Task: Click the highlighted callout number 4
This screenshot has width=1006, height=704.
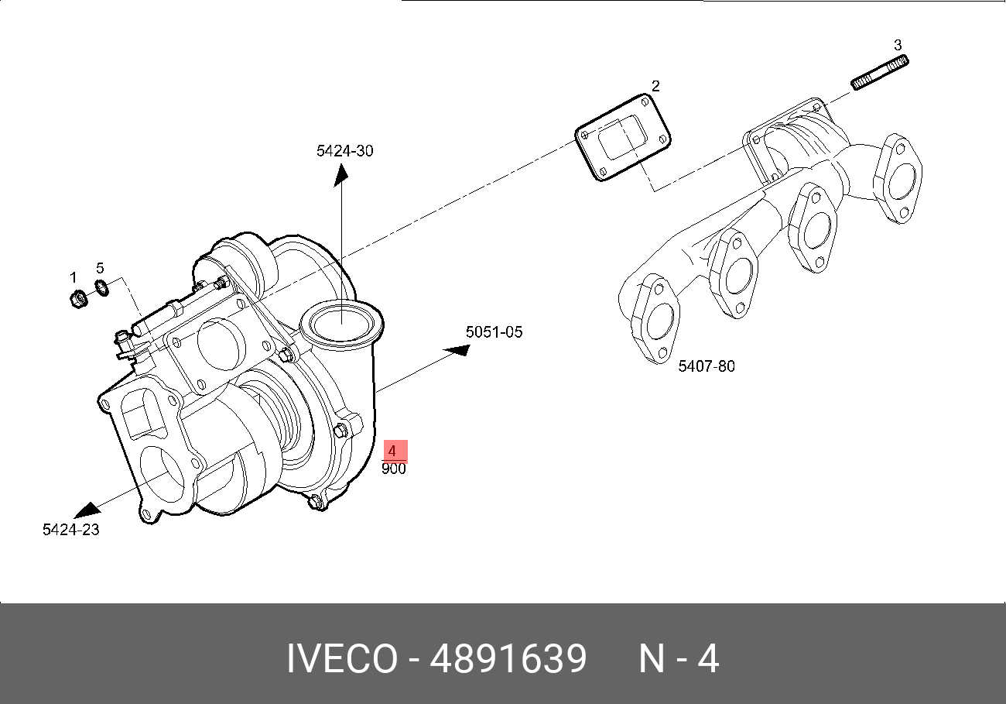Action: [393, 451]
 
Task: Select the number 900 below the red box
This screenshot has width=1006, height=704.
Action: [393, 469]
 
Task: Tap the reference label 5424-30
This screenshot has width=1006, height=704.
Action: [344, 151]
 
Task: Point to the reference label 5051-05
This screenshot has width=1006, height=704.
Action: [494, 332]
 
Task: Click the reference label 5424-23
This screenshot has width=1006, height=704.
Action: [70, 530]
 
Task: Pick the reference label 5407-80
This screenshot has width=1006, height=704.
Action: [707, 366]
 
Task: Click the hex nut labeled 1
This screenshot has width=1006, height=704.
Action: [77, 298]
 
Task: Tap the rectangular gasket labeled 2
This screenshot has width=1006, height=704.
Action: [623, 138]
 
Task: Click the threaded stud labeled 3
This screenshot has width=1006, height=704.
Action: [880, 72]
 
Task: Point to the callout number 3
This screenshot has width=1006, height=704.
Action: [898, 44]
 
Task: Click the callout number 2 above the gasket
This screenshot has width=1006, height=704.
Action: [655, 85]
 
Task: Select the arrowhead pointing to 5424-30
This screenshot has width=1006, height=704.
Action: [340, 176]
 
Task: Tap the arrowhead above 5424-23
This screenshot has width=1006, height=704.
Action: [87, 510]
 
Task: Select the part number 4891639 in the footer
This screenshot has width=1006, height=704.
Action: [508, 660]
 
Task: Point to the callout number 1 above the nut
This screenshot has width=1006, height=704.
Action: [74, 277]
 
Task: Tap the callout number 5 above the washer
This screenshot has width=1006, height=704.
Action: [100, 268]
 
